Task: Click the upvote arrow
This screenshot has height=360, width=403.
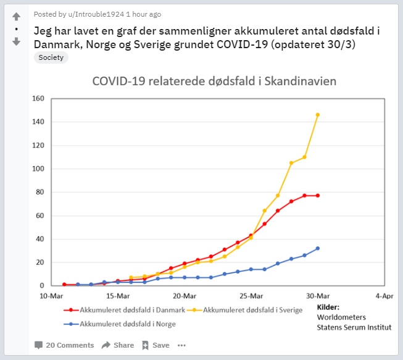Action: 16,16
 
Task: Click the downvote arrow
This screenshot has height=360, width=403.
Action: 16,41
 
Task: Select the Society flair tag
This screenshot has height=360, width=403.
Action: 51,57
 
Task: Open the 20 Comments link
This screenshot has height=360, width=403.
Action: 64,345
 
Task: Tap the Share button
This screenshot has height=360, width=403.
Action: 118,345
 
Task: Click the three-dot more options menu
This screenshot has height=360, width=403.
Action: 181,345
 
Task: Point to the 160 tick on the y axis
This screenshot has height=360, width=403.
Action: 38,98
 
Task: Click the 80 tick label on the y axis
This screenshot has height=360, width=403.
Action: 40,192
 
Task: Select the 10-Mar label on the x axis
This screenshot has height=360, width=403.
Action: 51,296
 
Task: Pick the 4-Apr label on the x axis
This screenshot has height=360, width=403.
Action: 383,296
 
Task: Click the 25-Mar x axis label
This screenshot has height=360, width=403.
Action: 251,296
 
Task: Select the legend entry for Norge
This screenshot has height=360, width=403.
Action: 123,324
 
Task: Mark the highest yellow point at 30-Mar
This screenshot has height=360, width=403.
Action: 318,115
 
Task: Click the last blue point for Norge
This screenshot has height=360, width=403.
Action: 318,248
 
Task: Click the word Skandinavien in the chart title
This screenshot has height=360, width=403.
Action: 300,82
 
